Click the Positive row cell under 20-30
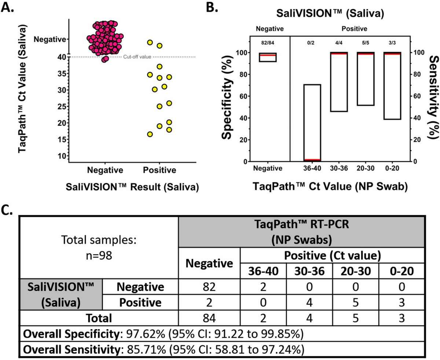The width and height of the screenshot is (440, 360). (x=355, y=302)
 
